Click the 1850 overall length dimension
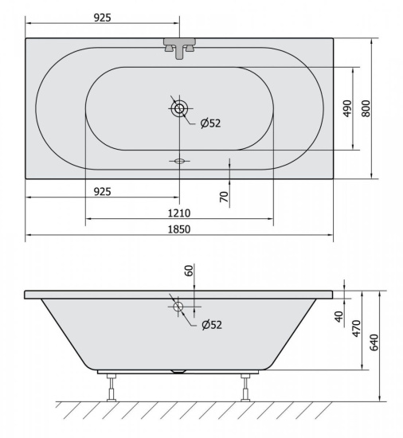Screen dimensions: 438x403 point(178,229)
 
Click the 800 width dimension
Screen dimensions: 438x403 point(365,108)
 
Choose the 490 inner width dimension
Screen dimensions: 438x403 point(347,108)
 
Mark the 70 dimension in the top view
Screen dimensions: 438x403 point(224,195)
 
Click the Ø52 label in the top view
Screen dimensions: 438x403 point(209,123)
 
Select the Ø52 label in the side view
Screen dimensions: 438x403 point(209,323)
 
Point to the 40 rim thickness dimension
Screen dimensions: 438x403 point(338,317)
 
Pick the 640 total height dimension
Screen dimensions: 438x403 point(374,342)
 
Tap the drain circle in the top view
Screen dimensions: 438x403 point(179,109)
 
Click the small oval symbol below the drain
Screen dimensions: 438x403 point(179,161)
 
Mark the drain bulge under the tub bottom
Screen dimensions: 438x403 point(178,370)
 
